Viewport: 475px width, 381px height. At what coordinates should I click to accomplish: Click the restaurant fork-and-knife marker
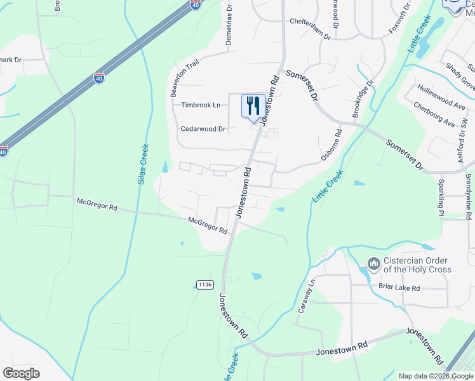(253, 105)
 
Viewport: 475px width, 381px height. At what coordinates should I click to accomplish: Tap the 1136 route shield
(204, 284)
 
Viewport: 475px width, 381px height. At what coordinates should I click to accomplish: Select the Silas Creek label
(143, 163)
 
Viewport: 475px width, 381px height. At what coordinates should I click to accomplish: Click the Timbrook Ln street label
(201, 105)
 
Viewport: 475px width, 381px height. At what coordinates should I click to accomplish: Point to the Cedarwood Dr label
(203, 129)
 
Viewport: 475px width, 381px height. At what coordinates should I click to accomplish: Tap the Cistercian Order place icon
(373, 263)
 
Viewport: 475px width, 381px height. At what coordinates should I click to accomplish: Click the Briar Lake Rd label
(399, 288)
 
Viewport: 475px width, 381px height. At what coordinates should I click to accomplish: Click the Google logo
(22, 373)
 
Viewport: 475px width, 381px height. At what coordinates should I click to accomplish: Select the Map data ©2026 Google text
(435, 376)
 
